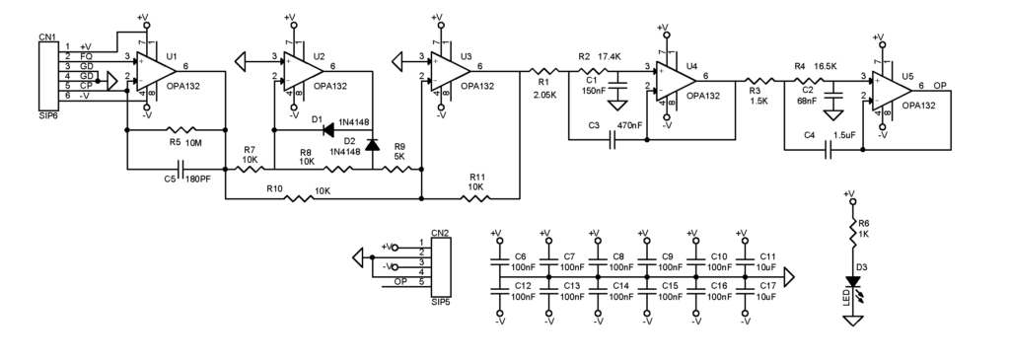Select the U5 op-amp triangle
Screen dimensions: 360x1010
pos(888,89)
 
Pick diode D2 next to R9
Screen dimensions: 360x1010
pos(371,146)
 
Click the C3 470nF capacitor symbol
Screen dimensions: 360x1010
pos(613,139)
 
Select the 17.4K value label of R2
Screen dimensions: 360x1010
pos(610,57)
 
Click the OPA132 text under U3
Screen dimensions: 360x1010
pos(476,86)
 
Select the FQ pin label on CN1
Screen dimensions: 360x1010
pos(87,56)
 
